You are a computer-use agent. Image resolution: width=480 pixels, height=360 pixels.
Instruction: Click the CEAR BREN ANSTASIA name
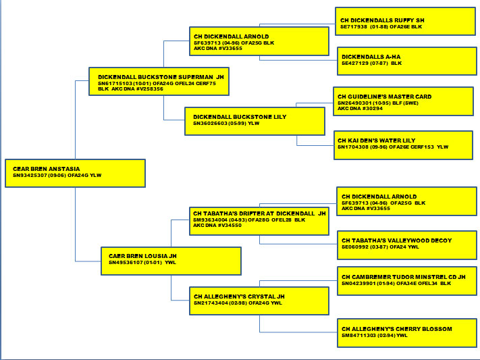point(47,169)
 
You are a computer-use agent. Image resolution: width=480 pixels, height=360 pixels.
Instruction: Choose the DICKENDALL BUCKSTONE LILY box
point(255,121)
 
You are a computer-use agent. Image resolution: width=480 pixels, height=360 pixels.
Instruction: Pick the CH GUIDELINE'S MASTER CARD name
point(385,97)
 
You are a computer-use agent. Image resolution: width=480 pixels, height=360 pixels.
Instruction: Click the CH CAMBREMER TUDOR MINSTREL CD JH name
point(404,277)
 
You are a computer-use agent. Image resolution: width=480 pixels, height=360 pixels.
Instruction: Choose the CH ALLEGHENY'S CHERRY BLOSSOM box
point(406,332)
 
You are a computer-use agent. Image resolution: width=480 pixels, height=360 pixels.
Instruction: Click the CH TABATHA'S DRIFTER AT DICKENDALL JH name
point(259,213)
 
